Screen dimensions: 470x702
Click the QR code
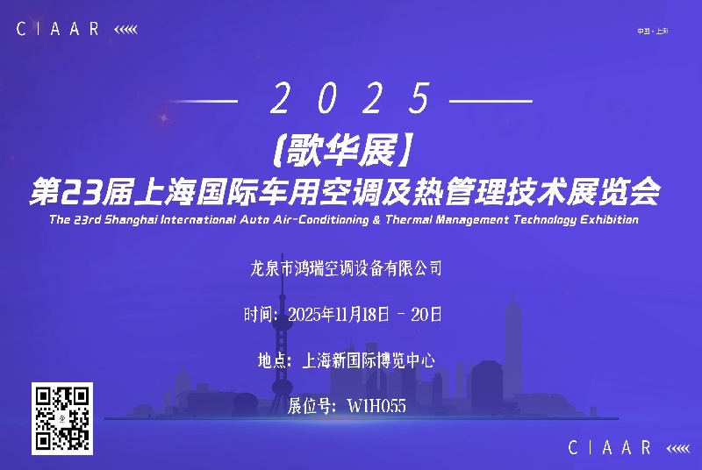62,418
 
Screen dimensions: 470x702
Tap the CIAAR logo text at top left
59,29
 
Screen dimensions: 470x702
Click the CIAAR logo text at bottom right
610,448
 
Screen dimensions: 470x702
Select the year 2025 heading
351,99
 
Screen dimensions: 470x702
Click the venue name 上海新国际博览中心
369,360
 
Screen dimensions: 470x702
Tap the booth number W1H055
377,406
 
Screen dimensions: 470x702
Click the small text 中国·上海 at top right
652,32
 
